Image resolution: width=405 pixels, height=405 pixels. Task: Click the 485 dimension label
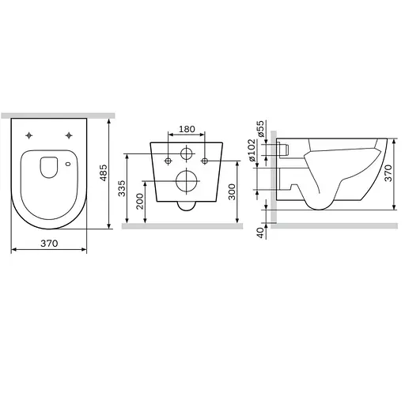tap(104, 172)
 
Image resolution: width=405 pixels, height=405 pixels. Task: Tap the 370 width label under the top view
tap(49, 243)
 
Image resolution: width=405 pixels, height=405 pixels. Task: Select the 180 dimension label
tap(187, 129)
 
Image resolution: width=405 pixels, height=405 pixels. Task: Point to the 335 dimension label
tap(122, 188)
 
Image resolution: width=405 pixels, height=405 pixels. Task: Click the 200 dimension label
tap(140, 201)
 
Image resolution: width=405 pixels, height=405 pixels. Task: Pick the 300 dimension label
tap(232, 192)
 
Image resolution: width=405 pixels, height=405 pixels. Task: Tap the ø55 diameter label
tap(260, 128)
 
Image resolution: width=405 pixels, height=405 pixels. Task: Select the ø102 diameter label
tap(252, 150)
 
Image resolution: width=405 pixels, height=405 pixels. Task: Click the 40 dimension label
tap(260, 233)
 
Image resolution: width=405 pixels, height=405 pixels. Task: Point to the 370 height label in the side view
tap(388, 173)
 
